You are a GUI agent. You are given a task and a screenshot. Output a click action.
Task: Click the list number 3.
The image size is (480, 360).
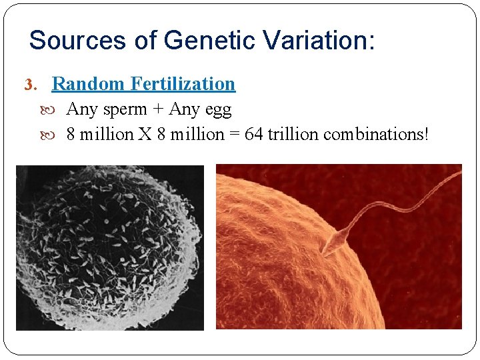(29, 85)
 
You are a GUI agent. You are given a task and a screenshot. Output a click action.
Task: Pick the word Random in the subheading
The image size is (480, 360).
(89, 84)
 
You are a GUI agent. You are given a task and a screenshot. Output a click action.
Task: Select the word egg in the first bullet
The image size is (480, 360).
(216, 110)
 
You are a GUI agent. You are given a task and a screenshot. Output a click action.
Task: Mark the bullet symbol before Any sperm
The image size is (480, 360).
(55, 109)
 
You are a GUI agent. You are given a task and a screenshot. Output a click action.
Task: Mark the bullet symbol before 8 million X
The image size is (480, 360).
(55, 135)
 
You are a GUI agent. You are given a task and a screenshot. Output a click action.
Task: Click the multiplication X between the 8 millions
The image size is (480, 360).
(145, 134)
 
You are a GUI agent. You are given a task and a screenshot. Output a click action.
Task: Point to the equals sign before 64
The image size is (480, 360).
(234, 135)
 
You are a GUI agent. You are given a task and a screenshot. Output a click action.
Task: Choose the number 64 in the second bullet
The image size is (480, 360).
(253, 134)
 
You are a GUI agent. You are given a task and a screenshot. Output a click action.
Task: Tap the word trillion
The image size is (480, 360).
(293, 134)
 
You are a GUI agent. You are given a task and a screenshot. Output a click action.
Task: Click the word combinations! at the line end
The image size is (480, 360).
(376, 134)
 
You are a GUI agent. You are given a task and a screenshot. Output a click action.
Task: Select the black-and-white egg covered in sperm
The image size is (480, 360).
(107, 247)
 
